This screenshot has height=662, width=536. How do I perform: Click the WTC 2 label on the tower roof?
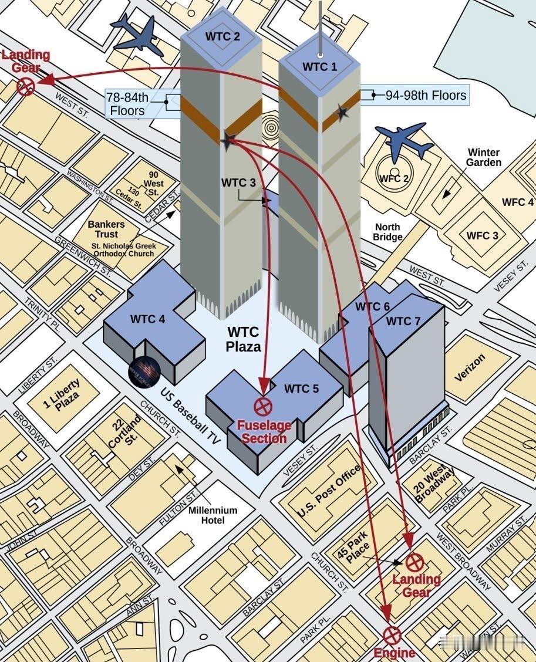click(x=223, y=36)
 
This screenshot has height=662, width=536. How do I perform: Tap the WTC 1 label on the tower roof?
click(x=320, y=66)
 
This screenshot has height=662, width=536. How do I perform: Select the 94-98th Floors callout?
click(x=426, y=95)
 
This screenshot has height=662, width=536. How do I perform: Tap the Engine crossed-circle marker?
click(x=392, y=634)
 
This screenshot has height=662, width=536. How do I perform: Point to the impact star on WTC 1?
click(x=342, y=112)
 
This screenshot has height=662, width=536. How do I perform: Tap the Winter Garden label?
click(x=484, y=157)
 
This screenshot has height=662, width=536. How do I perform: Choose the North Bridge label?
click(x=387, y=232)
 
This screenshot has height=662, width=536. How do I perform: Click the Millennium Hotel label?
click(x=213, y=515)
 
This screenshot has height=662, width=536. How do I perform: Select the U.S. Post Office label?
click(x=329, y=491)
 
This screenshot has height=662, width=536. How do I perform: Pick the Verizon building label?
click(x=470, y=368)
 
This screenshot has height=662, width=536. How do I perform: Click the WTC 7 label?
click(x=403, y=321)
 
